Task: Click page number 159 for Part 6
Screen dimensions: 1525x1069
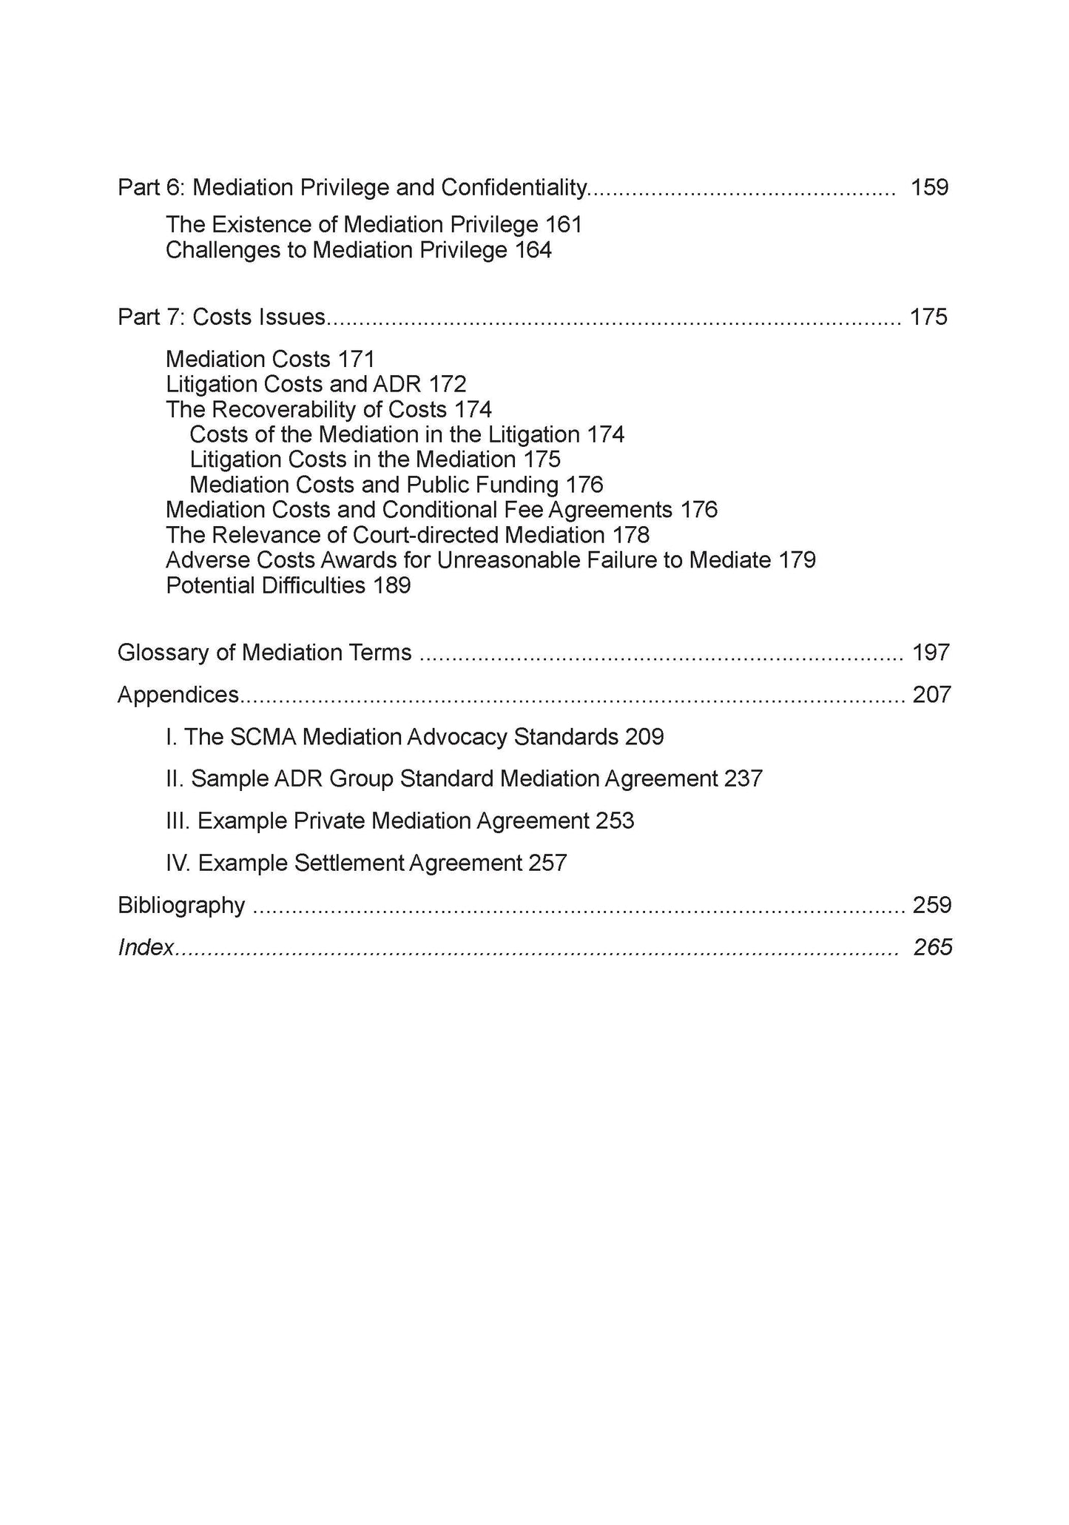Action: [929, 187]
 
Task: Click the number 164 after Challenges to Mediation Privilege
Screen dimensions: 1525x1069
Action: [533, 250]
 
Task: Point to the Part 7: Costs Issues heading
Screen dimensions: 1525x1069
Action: [221, 317]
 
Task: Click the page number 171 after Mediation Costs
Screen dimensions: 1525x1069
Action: [357, 359]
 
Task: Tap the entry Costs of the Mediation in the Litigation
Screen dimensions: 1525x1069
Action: [384, 434]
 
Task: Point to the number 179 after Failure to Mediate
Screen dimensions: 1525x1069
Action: [797, 560]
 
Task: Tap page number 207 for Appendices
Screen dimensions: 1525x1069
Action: [931, 695]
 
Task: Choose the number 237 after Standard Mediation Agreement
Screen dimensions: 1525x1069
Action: [743, 779]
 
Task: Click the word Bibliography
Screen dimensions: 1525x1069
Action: [181, 906]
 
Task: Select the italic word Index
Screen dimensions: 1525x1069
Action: [146, 948]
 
